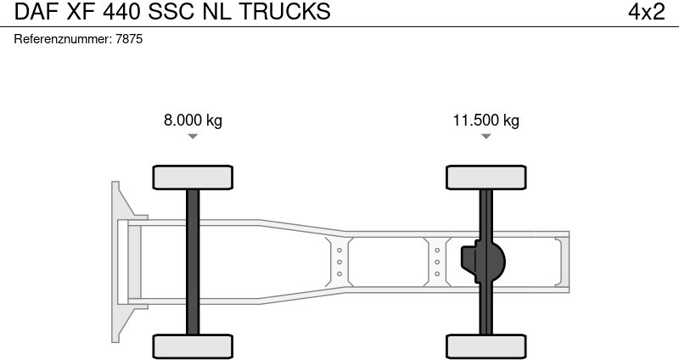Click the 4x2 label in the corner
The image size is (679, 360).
click(x=646, y=12)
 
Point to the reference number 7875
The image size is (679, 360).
click(x=130, y=39)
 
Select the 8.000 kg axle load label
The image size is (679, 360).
click(x=193, y=120)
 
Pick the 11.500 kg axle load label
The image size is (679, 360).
click(x=485, y=120)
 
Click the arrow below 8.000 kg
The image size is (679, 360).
click(x=193, y=136)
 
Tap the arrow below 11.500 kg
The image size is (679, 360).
click(x=485, y=136)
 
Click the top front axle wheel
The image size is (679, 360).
click(x=193, y=177)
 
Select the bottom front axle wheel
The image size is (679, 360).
click(x=193, y=346)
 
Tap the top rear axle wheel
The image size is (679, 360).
click(x=485, y=177)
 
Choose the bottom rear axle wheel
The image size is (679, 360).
click(x=485, y=346)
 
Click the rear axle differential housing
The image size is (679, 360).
click(x=484, y=262)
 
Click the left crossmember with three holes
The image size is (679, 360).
click(x=339, y=262)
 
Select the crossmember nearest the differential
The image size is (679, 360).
click(x=437, y=262)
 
